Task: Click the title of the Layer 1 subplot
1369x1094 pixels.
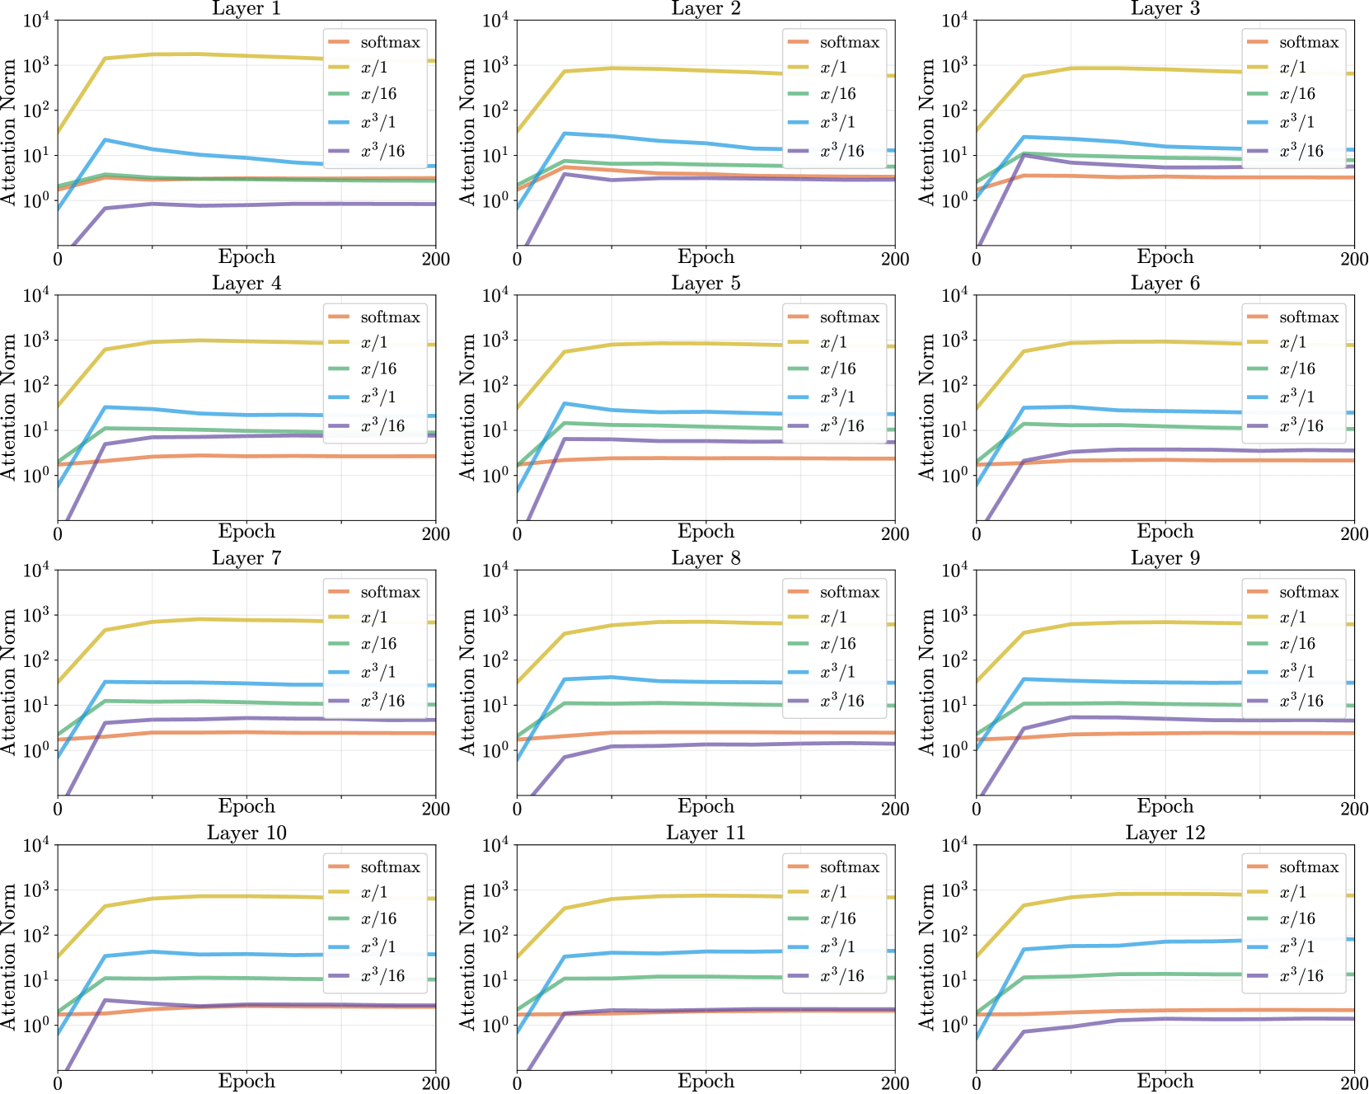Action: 246,8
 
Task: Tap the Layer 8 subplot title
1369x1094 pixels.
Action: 706,558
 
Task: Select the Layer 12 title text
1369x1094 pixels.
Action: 1165,833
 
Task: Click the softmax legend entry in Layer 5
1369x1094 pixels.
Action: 834,317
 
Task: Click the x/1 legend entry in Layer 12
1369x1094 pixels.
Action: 1277,892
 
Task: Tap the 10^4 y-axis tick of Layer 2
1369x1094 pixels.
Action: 496,19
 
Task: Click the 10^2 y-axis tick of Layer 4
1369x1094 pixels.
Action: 37,384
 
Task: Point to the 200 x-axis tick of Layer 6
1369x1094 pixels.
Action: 1354,533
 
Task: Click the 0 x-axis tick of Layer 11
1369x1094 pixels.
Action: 517,1083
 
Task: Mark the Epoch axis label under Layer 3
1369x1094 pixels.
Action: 1165,256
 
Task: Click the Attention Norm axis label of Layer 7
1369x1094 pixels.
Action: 9,682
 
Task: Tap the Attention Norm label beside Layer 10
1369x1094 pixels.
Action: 9,956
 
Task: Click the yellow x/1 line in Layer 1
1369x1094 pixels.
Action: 246,54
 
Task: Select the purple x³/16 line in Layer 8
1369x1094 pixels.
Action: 706,745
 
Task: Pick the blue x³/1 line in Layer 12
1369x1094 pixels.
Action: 1165,941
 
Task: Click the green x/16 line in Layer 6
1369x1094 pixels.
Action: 1165,426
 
